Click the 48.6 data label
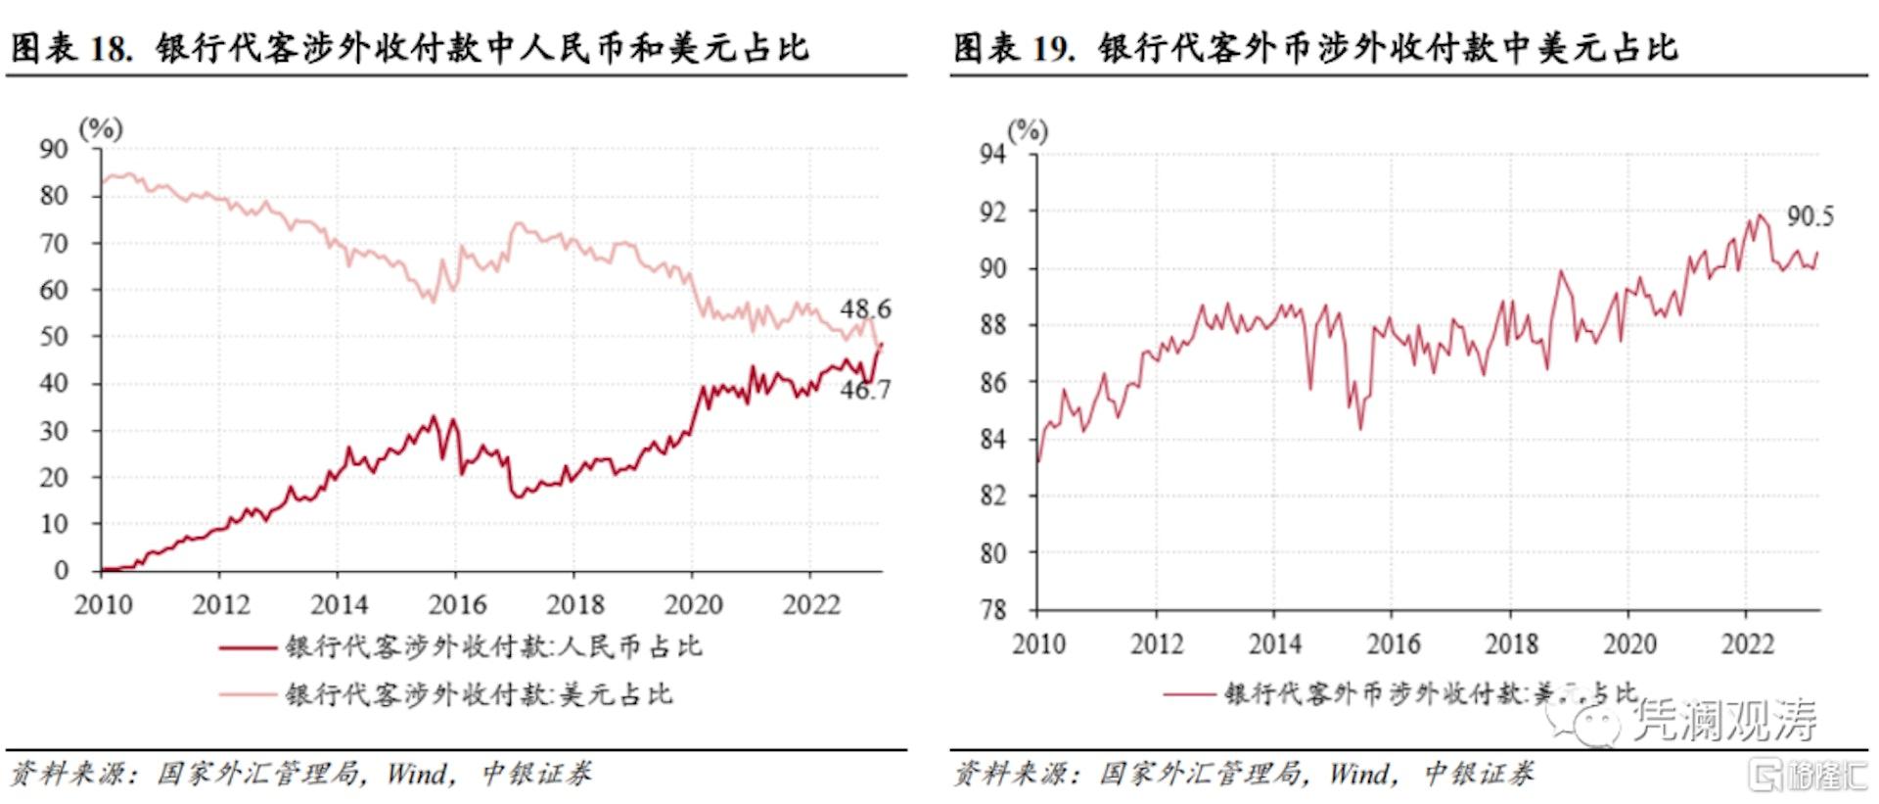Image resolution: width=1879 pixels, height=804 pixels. click(865, 309)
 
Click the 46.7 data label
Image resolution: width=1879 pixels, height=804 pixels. click(865, 390)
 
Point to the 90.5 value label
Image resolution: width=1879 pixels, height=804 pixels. click(1810, 216)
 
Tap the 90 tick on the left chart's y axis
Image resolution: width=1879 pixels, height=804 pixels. click(54, 149)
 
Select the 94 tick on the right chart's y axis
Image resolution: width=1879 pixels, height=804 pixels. click(992, 154)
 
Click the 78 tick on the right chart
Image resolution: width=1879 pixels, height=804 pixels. click(992, 610)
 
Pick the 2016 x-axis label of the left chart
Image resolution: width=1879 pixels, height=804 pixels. click(457, 604)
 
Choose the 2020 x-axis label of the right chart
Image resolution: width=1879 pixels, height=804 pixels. click(1629, 643)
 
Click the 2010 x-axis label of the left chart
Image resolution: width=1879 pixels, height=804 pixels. click(103, 604)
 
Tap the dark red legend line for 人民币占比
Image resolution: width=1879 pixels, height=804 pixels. click(248, 647)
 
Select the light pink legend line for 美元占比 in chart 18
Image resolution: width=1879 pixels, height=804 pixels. click(248, 694)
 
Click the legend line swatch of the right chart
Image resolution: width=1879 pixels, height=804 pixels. click(1189, 694)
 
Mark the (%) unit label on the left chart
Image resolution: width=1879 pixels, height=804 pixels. click(101, 128)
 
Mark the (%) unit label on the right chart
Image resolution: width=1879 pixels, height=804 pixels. click(1028, 130)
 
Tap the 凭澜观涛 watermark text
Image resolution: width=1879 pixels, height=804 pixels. click(1725, 720)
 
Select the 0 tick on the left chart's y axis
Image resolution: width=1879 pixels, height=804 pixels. click(62, 570)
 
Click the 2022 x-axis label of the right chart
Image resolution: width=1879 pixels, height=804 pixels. click(1747, 643)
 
